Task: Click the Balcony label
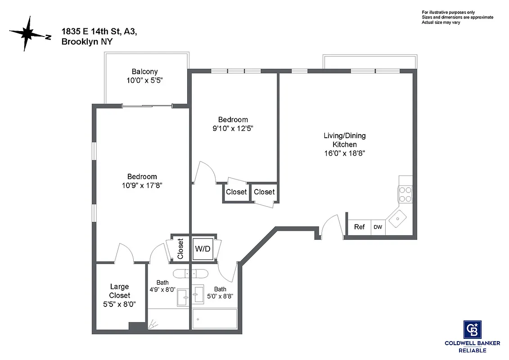click(x=144, y=72)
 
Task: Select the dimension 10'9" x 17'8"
click(x=142, y=185)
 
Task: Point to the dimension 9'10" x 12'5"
click(x=233, y=128)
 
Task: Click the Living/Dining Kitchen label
click(x=344, y=140)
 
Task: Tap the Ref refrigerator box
click(x=359, y=227)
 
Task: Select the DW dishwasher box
click(x=378, y=227)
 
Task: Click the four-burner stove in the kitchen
click(x=405, y=194)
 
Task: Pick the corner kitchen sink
click(x=397, y=219)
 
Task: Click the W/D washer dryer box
click(x=202, y=249)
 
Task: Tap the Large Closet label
click(x=119, y=291)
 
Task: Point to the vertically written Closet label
click(x=180, y=249)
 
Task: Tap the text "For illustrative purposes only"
click(x=448, y=12)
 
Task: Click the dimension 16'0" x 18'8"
click(x=344, y=153)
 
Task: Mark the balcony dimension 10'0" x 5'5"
click(x=144, y=81)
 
